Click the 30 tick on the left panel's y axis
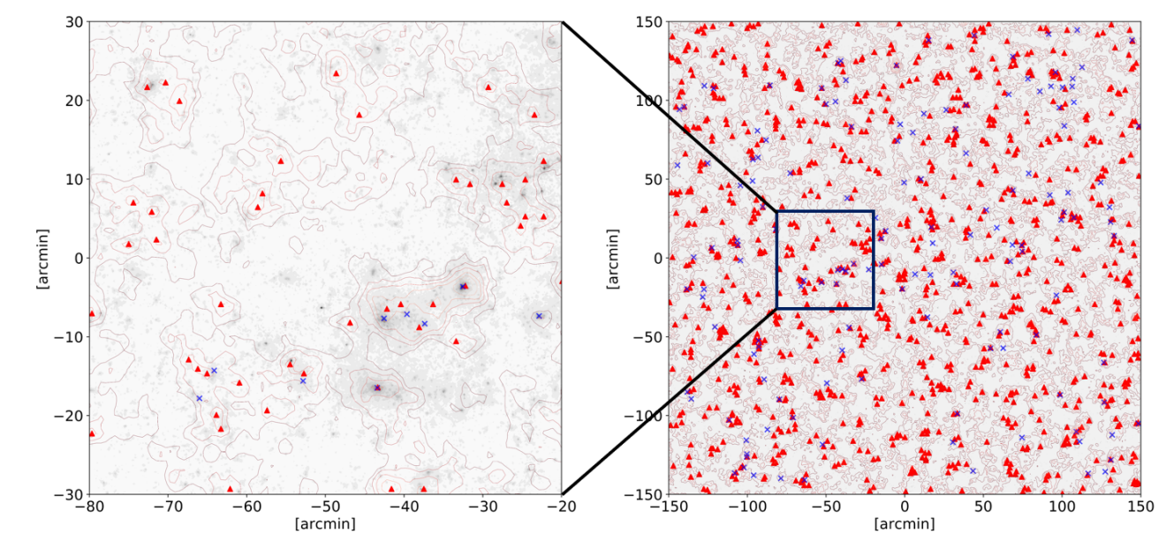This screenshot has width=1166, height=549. pos(74,22)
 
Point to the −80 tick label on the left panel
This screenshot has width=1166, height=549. pos(89,507)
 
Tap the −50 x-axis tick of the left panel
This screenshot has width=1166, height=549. pos(324,507)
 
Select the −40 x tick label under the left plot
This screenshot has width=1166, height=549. pos(404,507)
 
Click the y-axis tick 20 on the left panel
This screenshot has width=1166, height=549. pos(74,101)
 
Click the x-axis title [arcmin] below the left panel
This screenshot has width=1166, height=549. pos(325,524)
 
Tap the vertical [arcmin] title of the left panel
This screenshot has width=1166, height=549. pos(42,258)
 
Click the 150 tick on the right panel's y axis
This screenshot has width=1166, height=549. pos(649,22)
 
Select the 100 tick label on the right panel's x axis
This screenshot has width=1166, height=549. pos(1061,507)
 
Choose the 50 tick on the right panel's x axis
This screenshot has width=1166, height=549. pos(982,507)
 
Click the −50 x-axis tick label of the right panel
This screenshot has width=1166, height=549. pos(825,507)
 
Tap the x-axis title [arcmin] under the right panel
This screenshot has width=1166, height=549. pos(904,524)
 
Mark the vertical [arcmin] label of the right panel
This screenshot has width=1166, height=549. pos(615,258)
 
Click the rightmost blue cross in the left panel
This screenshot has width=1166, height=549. pos(539,316)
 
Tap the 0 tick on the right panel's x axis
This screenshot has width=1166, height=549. pos(904,507)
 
